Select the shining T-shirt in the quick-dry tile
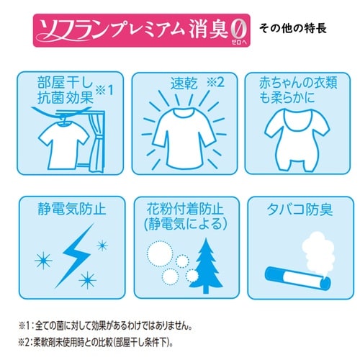pyautogui.click(x=181, y=133)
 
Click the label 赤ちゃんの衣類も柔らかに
pyautogui.click(x=295, y=91)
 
